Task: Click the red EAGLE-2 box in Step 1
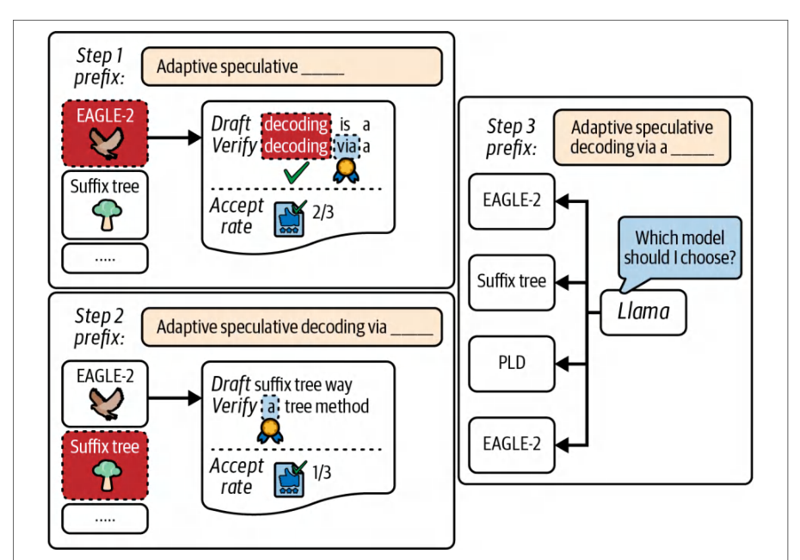click(x=105, y=133)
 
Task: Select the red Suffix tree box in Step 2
click(x=105, y=465)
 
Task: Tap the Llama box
click(x=643, y=312)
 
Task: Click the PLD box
click(x=512, y=364)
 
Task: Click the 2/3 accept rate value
click(x=323, y=212)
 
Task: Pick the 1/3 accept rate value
click(x=322, y=473)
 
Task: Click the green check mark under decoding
click(x=297, y=172)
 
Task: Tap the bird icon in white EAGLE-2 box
click(x=106, y=403)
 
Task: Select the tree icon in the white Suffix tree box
click(x=108, y=215)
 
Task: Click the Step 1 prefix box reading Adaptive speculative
click(x=292, y=66)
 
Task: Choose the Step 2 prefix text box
click(x=292, y=327)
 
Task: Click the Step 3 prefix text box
click(x=642, y=137)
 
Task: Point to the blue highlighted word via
click(x=347, y=146)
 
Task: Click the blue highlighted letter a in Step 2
click(x=270, y=407)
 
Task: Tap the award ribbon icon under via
click(x=346, y=170)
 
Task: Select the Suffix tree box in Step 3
click(x=512, y=282)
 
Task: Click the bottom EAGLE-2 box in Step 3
click(x=512, y=445)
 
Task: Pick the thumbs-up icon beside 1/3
click(x=290, y=478)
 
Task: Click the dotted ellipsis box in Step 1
click(x=105, y=259)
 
